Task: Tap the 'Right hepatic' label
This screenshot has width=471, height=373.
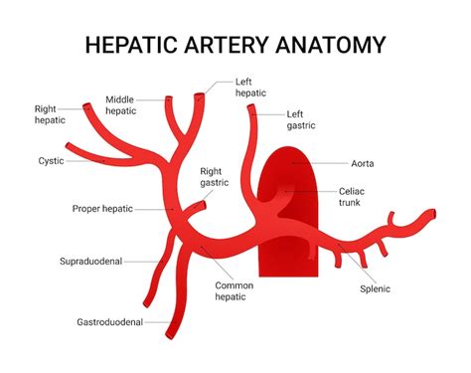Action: click(50, 113)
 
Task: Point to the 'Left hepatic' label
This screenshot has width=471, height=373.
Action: click(251, 88)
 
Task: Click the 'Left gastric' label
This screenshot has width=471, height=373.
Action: click(302, 119)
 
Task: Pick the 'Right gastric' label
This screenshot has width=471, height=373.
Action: click(214, 177)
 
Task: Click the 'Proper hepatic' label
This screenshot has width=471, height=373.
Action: click(102, 209)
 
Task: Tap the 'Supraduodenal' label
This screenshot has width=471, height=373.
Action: click(90, 263)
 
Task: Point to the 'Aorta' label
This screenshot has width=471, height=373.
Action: click(362, 163)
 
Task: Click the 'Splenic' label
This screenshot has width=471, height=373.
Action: click(375, 289)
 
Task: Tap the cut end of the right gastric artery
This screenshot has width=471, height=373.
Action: click(204, 206)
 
